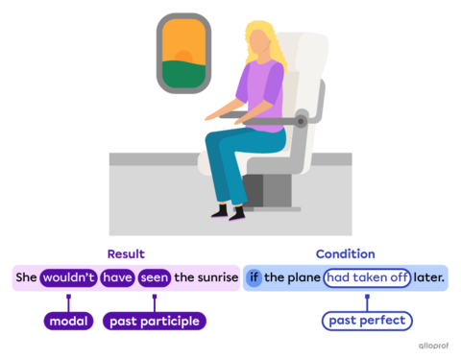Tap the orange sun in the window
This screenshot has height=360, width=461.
[x=183, y=44]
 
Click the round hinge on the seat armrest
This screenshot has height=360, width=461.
[x=302, y=121]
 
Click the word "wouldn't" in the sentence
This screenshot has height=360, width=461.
[x=68, y=278]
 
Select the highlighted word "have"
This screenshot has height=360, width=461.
[x=117, y=278]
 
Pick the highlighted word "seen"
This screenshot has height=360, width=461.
[x=154, y=278]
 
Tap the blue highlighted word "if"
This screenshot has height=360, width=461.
[x=255, y=278]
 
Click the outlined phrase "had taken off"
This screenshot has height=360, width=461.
[x=367, y=278]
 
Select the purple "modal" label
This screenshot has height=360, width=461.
[x=68, y=321]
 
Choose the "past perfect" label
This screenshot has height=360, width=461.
[x=366, y=321]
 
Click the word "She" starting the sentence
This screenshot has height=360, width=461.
[x=26, y=278]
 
